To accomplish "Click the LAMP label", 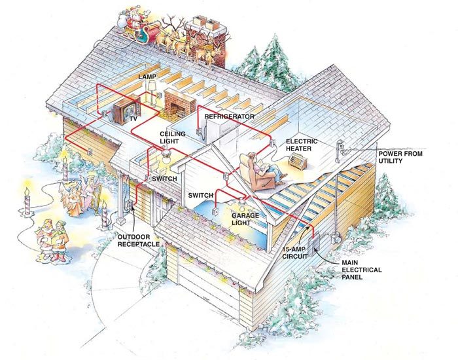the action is point(147,77).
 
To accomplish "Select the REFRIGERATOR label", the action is point(229,116).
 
